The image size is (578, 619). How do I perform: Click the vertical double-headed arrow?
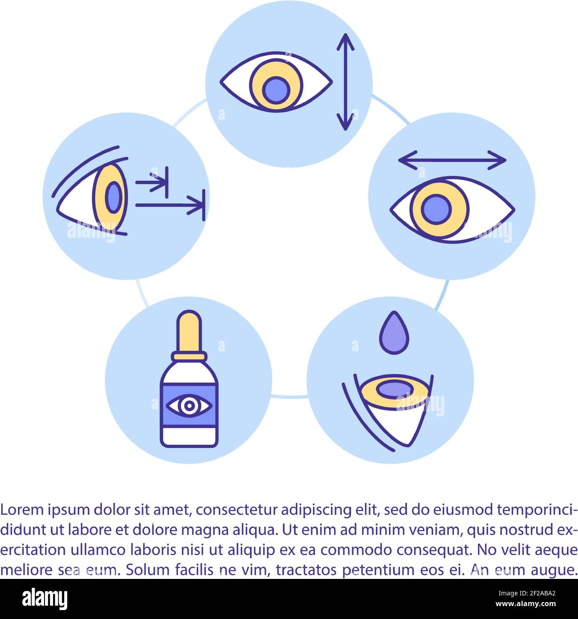click(345, 82)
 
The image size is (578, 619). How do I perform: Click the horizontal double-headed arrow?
click(452, 160)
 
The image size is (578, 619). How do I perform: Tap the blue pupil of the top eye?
click(276, 90)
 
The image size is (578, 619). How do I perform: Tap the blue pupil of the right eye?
click(436, 209)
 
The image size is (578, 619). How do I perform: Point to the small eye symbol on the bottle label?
click(189, 405)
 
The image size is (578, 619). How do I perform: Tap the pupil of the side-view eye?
click(114, 197)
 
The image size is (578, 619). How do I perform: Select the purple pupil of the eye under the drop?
click(395, 389)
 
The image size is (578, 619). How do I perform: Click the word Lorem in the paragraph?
click(21, 509)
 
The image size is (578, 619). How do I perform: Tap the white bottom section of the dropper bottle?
click(189, 436)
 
